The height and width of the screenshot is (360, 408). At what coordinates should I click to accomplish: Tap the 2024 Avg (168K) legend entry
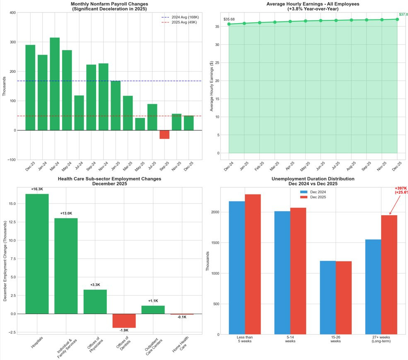[x=179, y=17]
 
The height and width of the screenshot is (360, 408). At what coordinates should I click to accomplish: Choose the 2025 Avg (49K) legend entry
[x=179, y=22]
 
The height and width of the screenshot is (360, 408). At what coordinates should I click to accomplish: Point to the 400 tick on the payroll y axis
[x=12, y=13]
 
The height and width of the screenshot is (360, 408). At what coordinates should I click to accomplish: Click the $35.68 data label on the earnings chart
[x=229, y=19]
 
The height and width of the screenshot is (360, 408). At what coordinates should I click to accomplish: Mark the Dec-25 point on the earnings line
[x=397, y=19]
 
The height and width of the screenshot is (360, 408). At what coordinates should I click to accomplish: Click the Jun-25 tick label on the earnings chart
[x=321, y=166]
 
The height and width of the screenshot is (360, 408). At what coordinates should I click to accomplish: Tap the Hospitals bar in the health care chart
[x=37, y=254]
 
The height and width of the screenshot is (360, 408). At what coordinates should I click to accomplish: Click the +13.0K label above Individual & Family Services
[x=66, y=214]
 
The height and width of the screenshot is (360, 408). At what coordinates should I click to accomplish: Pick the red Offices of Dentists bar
[x=124, y=321]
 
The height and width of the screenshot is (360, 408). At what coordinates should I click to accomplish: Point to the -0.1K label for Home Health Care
[x=182, y=317]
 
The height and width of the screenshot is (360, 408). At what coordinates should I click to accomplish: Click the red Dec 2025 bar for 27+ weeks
[x=389, y=275]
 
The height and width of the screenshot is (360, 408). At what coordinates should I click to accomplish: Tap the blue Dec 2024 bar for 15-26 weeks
[x=328, y=298]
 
